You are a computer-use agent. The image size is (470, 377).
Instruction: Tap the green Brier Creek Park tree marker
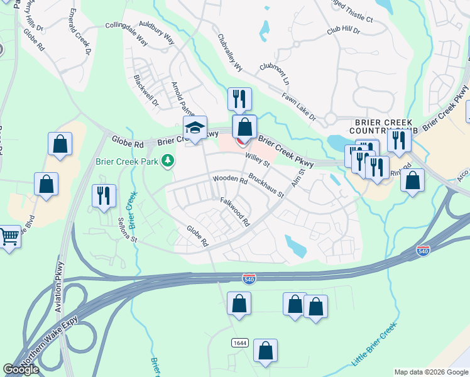click(167, 161)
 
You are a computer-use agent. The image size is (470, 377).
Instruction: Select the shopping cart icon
click(9, 238)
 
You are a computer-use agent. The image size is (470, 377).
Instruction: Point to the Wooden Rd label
click(230, 179)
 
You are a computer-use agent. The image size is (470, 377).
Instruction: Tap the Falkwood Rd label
click(235, 212)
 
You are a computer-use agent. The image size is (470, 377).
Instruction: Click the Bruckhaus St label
click(266, 185)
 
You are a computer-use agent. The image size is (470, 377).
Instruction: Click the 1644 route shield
click(238, 342)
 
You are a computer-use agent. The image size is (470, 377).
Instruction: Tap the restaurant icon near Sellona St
click(102, 195)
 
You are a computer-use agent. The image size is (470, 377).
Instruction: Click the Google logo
click(21, 369)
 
